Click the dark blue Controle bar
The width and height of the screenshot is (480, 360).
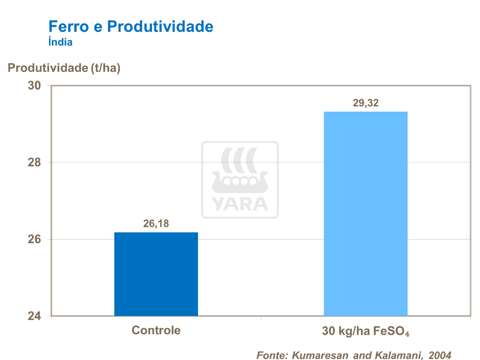tap(156, 274)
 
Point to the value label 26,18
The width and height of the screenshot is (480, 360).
tap(156, 224)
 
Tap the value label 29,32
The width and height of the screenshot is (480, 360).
tap(366, 103)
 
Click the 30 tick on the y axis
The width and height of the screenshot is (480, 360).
tap(34, 86)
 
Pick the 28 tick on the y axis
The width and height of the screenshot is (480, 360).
tap(34, 162)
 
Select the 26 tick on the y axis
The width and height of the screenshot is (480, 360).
tap(34, 240)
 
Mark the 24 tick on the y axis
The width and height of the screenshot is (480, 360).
tap(34, 316)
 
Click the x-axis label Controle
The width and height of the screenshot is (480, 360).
tap(156, 331)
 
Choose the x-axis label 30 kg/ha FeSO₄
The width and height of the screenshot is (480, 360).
tap(366, 332)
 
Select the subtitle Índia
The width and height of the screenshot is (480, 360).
tap(60, 42)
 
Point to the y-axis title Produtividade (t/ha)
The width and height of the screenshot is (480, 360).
tap(64, 68)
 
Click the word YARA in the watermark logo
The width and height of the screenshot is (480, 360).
tap(240, 204)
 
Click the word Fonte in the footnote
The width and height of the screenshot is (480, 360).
tap(272, 355)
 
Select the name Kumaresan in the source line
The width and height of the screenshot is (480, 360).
tap(320, 355)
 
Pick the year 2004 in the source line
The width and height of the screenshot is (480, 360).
tap(440, 355)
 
